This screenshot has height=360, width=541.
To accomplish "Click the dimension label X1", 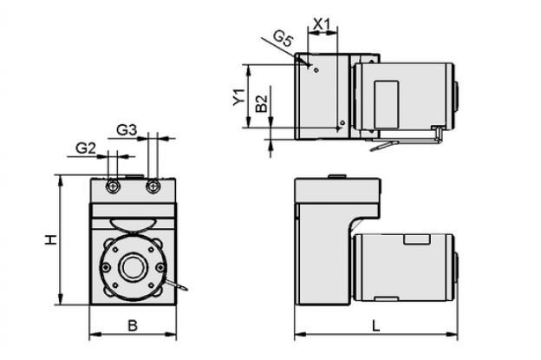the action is tap(322, 24).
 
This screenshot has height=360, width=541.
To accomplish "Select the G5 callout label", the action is tap(284, 38).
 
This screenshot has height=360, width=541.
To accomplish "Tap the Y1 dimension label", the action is tap(238, 97).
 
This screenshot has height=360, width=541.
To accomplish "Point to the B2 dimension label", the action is tap(262, 103).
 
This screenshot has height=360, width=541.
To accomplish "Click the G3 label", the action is tap(127, 130).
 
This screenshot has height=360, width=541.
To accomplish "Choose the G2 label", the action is tap(85, 148).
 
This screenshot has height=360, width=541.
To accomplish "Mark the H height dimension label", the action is tap(50, 239).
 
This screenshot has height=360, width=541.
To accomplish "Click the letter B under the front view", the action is tap(133, 325).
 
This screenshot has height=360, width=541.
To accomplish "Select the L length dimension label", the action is tap(375, 325).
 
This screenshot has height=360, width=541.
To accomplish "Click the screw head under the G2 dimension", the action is tap(113, 187).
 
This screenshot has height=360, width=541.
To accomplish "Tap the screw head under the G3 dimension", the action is tap(153, 187).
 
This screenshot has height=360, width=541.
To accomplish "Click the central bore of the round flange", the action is tap(133, 267).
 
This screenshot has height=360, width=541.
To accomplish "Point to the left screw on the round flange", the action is tap(107, 267).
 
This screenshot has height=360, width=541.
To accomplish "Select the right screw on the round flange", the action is tap(160, 267).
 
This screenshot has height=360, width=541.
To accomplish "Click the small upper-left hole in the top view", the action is tap(316, 70).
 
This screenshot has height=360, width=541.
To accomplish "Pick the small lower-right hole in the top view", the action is tap(342, 122).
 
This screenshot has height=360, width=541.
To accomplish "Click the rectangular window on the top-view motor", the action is tap(387, 104).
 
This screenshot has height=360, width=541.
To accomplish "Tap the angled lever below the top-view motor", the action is tap(384, 146).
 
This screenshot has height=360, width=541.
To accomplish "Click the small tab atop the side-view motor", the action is tap(417, 239).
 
